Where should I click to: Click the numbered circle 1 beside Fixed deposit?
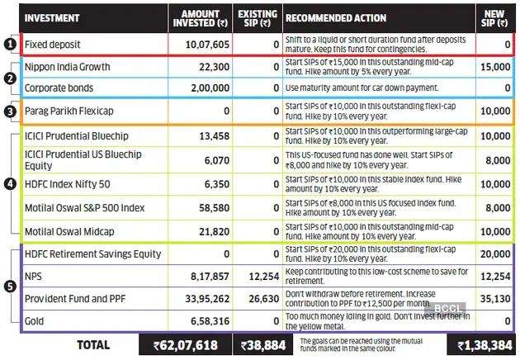pyautogui.click(x=8, y=44)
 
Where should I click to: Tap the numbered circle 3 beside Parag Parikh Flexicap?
pyautogui.click(x=8, y=111)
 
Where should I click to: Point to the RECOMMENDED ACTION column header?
pyautogui.click(x=334, y=16)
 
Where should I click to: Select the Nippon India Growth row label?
pyautogui.click(x=68, y=66)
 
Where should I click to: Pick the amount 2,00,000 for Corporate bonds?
pyautogui.click(x=207, y=87)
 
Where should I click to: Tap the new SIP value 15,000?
pyautogui.click(x=495, y=66)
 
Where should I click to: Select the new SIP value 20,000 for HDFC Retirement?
pyautogui.click(x=495, y=254)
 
